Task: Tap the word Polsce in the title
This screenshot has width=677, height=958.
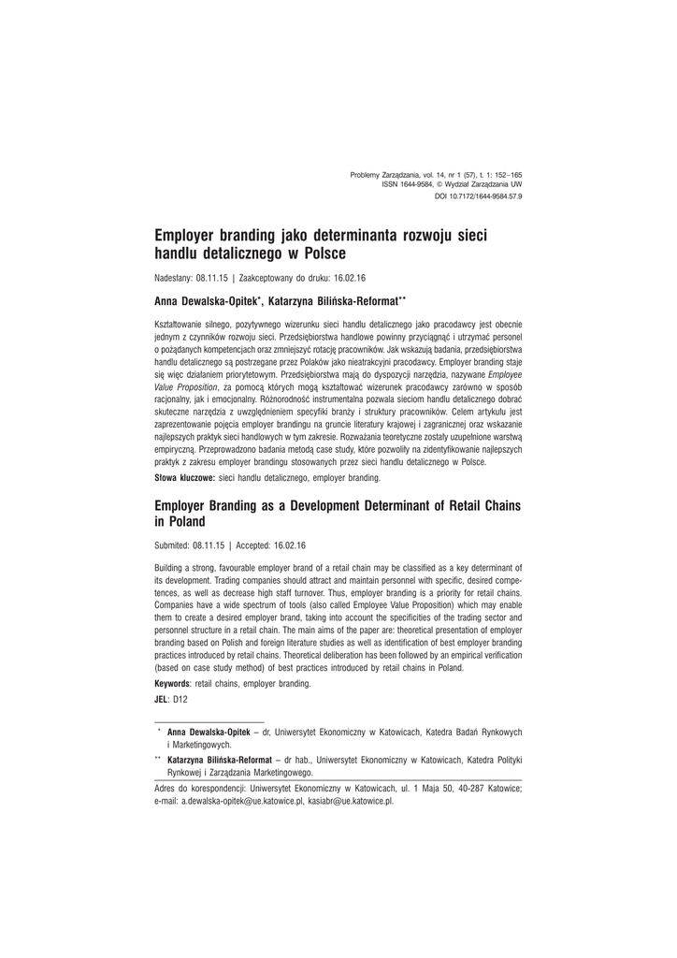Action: click(x=319, y=254)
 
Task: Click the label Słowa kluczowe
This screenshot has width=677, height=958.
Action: click(x=184, y=478)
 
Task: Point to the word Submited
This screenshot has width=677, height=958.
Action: click(x=172, y=544)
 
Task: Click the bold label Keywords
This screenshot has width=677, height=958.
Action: click(x=175, y=684)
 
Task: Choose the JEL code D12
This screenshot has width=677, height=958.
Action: click(x=180, y=699)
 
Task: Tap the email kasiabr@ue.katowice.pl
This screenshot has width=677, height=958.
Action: click(x=351, y=802)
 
